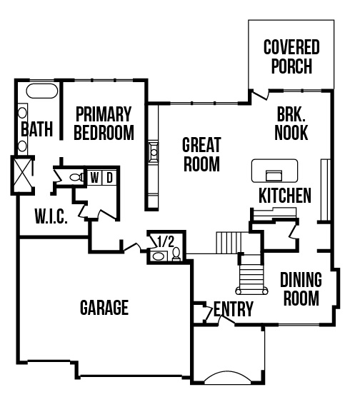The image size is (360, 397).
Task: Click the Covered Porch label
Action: pos(291,56)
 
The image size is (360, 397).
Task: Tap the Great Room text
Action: pos(201,154)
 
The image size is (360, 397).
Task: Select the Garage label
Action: pos(104,307)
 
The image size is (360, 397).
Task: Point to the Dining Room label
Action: pos(301,288)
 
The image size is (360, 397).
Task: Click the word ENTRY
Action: pos(234,309)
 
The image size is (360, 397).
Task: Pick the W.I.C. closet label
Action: pos(51,216)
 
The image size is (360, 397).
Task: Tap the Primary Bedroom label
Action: pos(104,124)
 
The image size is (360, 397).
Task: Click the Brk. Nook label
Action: pos(291,124)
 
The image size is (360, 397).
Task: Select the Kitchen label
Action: pos(285,196)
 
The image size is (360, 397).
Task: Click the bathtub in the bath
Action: pos(42,91)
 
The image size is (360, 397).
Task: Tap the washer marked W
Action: pos(94,178)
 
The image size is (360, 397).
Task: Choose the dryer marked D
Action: pos(109,178)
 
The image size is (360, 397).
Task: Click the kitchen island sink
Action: pos(274,175)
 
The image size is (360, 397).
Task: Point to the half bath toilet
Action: pos(176,254)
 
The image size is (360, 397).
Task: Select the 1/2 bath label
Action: pos(166,241)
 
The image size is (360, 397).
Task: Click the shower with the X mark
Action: pos(23,175)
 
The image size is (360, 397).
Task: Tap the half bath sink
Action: pos(159,256)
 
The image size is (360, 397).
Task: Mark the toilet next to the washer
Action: pos(76,177)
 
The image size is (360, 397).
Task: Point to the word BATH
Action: pos(37,129)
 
